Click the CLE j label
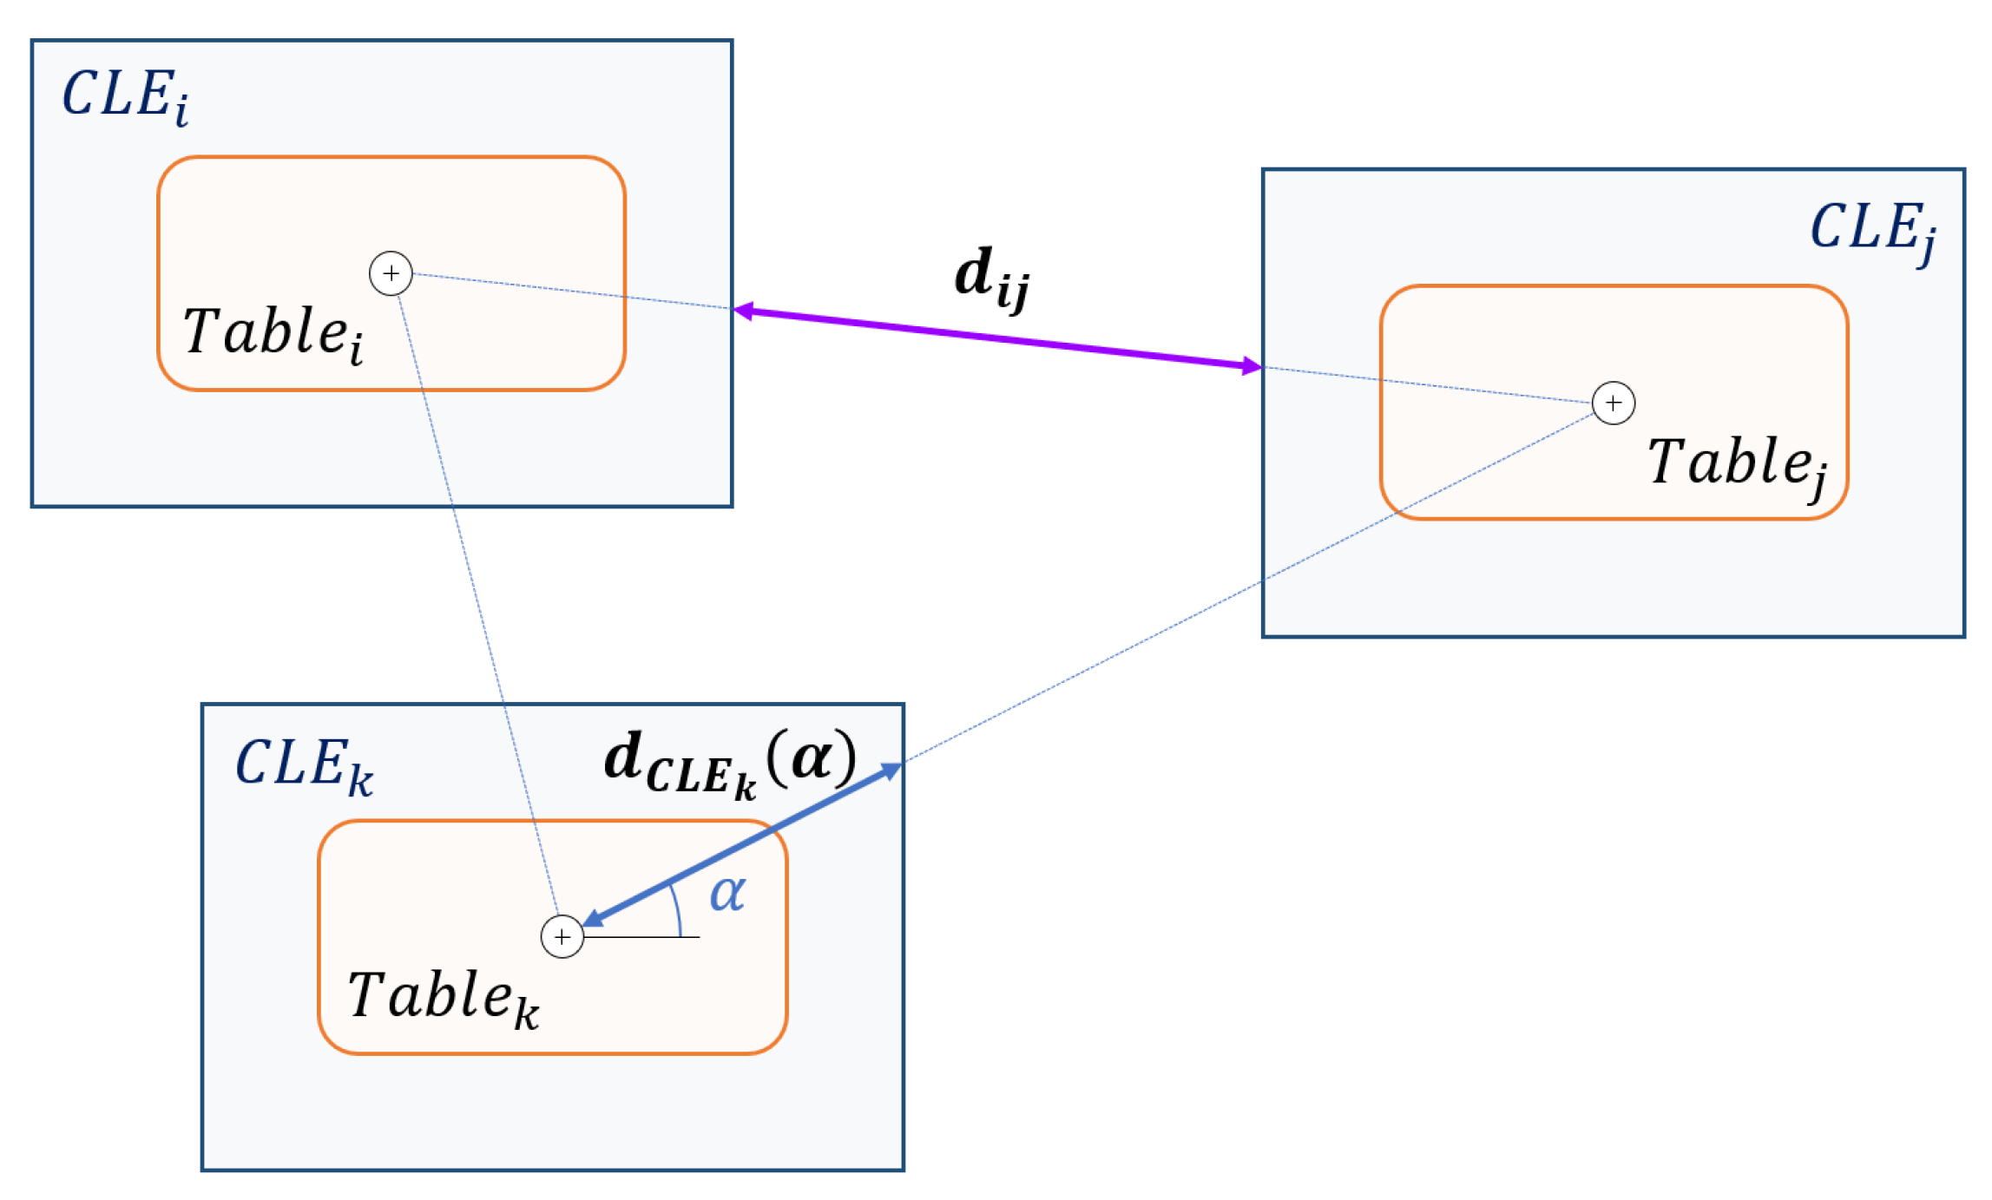pos(1872,230)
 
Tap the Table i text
pos(273,333)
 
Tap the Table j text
pos(1737,463)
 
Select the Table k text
pos(444,998)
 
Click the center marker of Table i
pos(391,274)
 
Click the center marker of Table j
pos(1613,403)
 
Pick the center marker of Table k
pos(562,937)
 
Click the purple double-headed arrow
pos(998,338)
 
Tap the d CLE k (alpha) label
pos(729,764)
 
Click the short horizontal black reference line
pos(642,937)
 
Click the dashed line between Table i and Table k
pos(477,607)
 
